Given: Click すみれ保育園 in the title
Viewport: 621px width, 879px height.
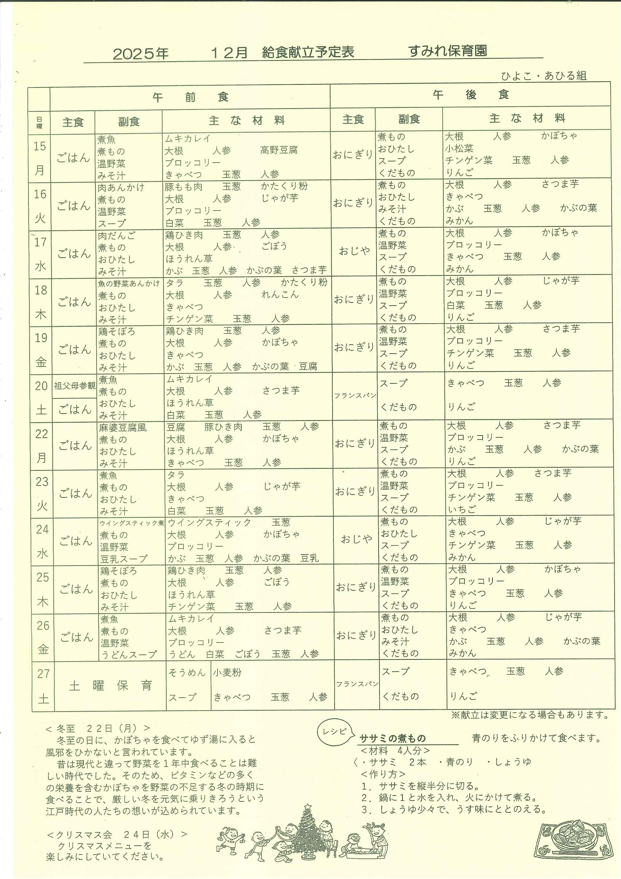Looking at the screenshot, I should (447, 51).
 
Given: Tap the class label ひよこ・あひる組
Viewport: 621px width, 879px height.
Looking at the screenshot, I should (544, 76).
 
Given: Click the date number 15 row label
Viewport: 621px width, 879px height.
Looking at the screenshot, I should (40, 146).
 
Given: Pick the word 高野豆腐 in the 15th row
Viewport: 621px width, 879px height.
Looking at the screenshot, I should (279, 150).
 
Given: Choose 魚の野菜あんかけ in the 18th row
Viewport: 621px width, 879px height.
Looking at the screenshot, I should (129, 283).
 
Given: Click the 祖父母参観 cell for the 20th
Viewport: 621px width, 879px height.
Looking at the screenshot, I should (74, 386).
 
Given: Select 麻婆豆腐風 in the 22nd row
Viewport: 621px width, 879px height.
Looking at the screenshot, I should (123, 427).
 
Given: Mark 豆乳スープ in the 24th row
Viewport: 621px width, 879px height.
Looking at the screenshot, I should (123, 559).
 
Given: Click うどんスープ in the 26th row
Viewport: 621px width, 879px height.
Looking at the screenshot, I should (129, 655).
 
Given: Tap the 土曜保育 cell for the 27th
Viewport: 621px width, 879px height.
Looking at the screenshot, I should (110, 685).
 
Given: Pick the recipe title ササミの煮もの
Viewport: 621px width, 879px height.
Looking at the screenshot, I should (392, 739).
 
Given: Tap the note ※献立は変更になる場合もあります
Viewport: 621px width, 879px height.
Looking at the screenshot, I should (530, 714).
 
